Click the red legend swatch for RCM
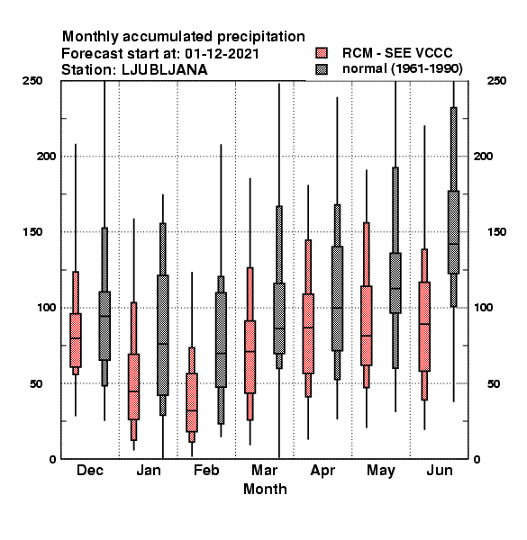[322, 53]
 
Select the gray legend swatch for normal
[322, 69]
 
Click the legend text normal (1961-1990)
[402, 68]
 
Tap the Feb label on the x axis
[206, 470]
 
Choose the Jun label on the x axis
[440, 470]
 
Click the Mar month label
[264, 470]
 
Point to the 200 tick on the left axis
[46, 156]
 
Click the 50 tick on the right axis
[494, 383]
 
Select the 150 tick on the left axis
[32, 232]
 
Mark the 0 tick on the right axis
[477, 459]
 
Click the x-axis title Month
[265, 489]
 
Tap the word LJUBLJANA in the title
[165, 70]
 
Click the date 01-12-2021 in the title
[222, 53]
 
